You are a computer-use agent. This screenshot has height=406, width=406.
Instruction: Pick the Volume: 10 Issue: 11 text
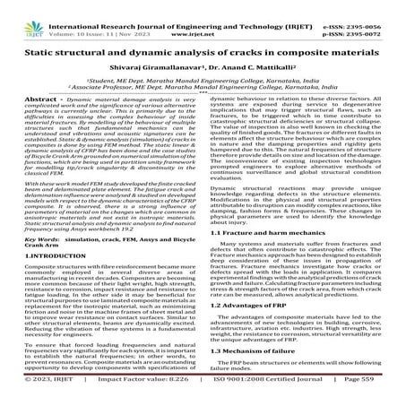coord(87,17)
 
